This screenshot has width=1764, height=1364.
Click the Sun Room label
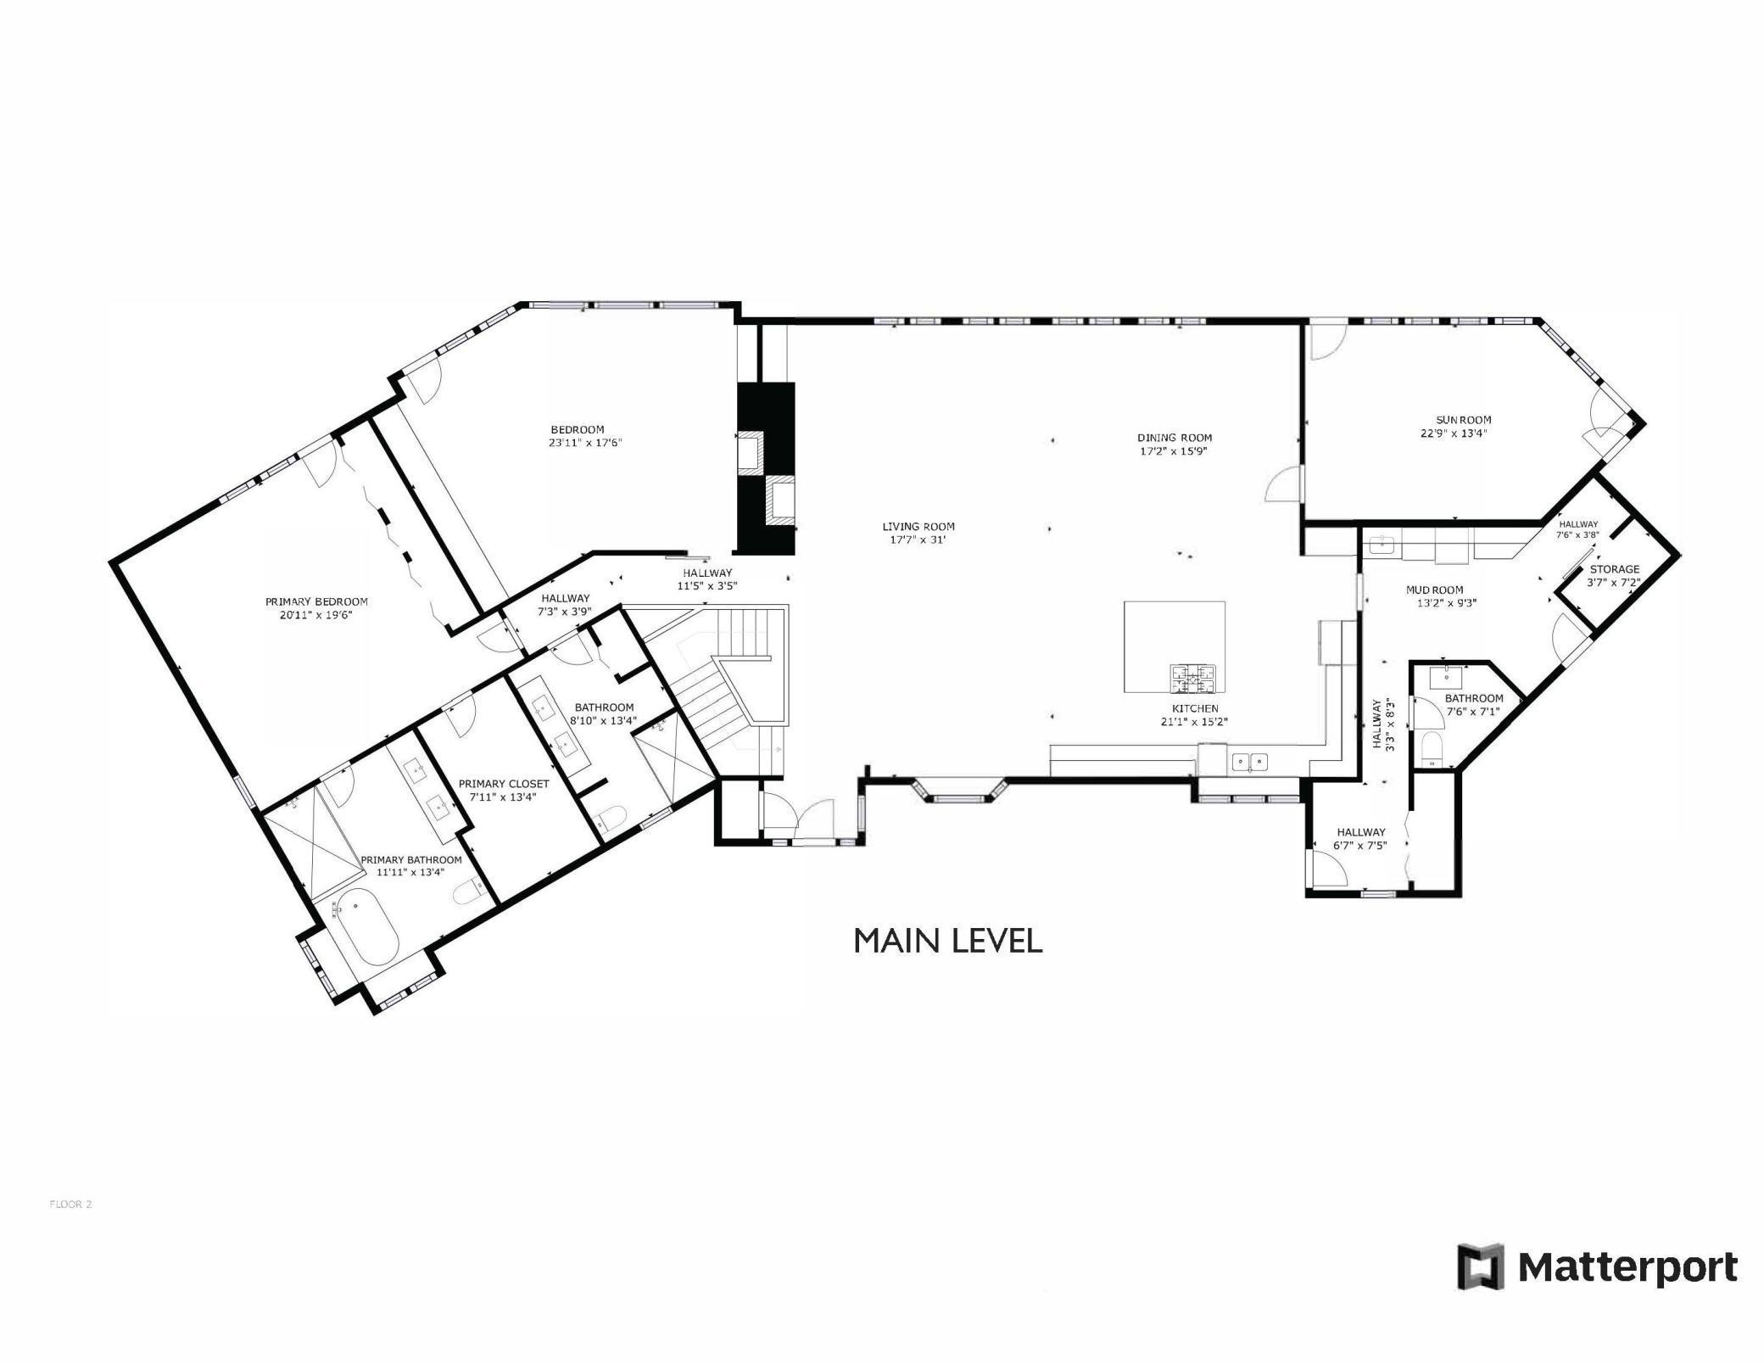tap(1463, 420)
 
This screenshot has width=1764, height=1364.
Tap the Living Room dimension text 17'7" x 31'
tap(918, 539)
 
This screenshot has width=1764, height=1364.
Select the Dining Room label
tap(1174, 438)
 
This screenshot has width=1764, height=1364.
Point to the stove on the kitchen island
tap(1193, 678)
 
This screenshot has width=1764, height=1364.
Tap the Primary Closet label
tap(504, 784)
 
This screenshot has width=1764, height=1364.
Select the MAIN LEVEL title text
tap(947, 941)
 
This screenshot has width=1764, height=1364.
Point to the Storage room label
tap(1614, 569)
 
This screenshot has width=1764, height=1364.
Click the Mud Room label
tap(1434, 590)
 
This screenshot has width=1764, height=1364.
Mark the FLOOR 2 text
tap(70, 1204)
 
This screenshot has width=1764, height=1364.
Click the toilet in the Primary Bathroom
tap(467, 893)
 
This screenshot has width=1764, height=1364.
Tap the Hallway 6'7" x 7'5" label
tap(1360, 832)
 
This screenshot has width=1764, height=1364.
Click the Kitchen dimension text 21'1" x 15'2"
tap(1194, 722)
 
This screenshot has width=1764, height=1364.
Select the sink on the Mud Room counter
tap(1382, 545)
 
